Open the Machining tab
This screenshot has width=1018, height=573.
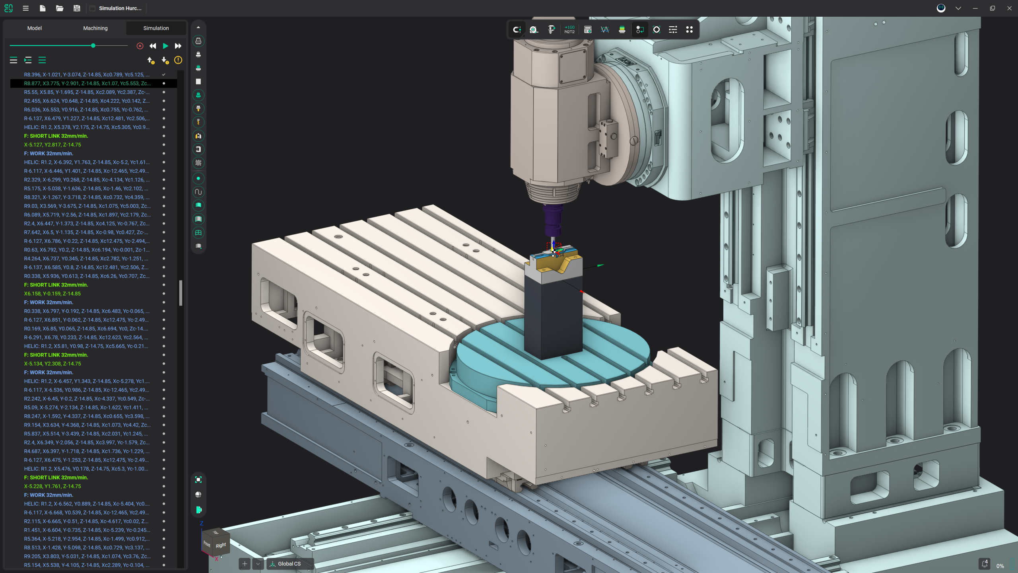tap(95, 28)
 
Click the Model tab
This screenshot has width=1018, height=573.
tap(35, 28)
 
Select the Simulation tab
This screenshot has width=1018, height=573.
tap(156, 28)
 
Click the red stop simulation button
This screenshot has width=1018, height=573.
tap(140, 46)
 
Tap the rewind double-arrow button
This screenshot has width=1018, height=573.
tap(153, 46)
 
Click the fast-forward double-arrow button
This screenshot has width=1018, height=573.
tap(178, 46)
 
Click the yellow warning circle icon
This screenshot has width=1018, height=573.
tap(178, 60)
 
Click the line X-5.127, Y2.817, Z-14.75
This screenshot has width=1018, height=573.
tap(52, 145)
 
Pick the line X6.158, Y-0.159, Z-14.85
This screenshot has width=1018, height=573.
tap(52, 294)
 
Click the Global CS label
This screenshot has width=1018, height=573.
tap(289, 564)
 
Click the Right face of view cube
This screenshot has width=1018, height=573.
tap(221, 545)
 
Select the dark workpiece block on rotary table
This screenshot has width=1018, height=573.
tap(553, 318)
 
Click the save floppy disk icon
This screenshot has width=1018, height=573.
tap(77, 8)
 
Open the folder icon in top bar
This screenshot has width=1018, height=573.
tap(60, 8)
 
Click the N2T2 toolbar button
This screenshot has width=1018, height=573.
tap(569, 30)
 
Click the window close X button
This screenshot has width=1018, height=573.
tap(1009, 8)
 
